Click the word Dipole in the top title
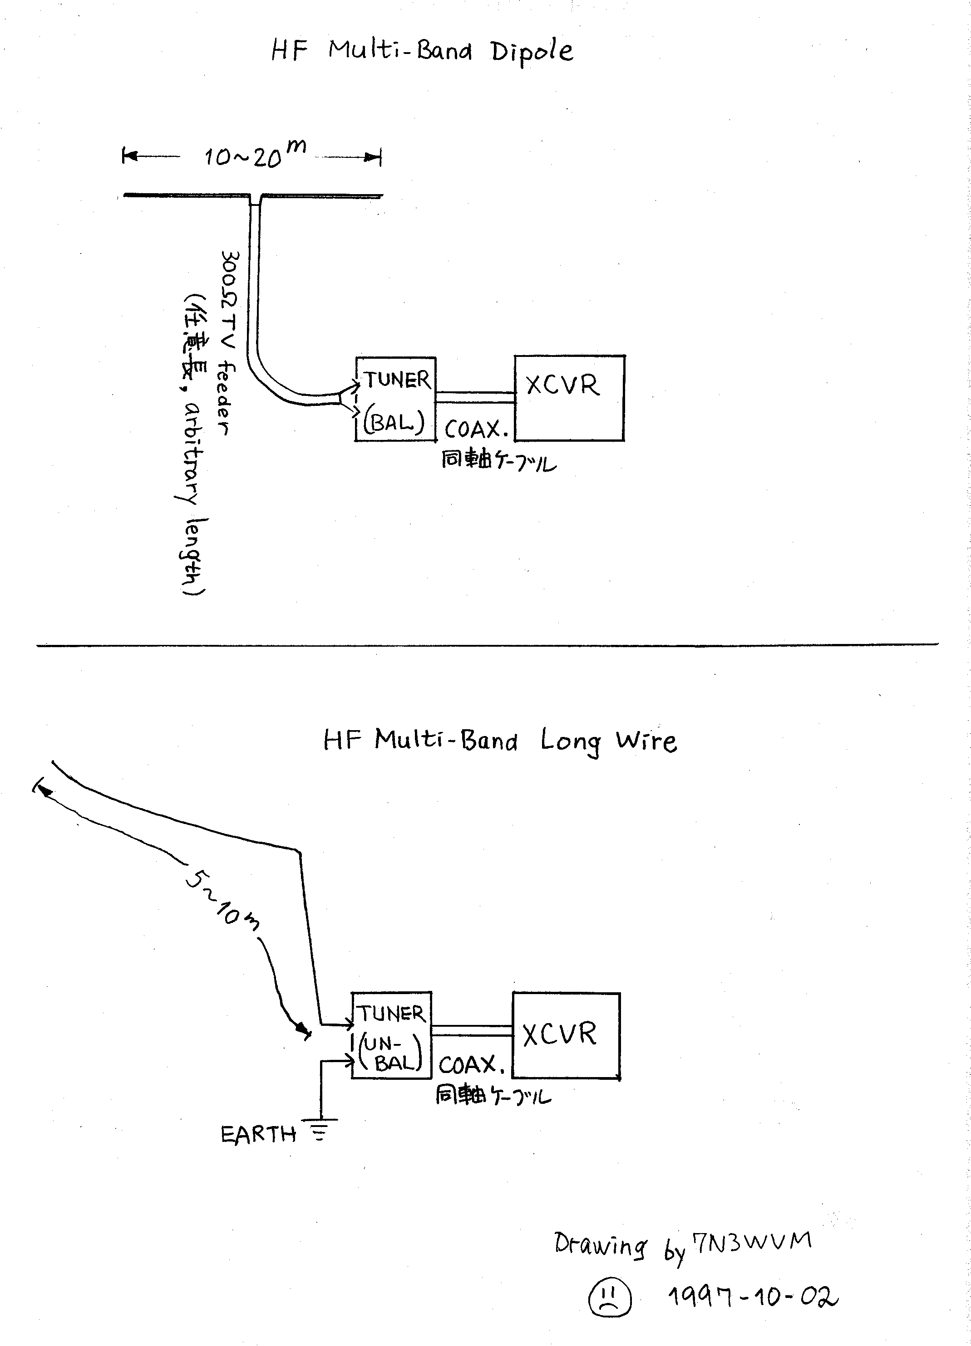[532, 52]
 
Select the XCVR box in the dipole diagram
[568, 398]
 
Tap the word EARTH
[258, 1135]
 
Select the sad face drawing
[609, 1297]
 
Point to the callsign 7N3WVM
[752, 1242]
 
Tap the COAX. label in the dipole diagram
[475, 429]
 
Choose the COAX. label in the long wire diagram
[471, 1065]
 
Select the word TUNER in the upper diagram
[397, 380]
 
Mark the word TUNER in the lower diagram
[390, 1014]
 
